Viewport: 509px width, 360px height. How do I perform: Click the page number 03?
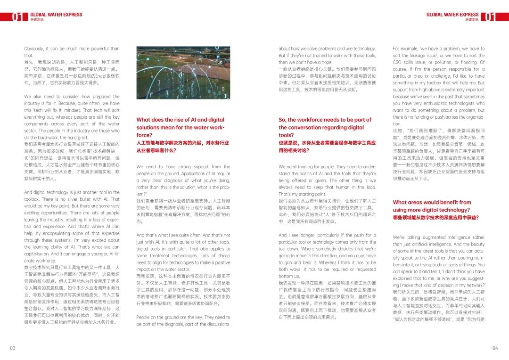point(13,348)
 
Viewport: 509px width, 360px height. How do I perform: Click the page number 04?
point(495,348)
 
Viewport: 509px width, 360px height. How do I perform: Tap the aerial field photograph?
point(183,73)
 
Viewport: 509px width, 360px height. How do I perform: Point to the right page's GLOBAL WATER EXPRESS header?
point(452,15)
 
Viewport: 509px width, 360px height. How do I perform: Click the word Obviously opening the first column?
point(34,49)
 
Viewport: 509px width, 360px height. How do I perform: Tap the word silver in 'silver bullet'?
point(70,199)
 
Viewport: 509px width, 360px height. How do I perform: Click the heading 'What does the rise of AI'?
point(181,120)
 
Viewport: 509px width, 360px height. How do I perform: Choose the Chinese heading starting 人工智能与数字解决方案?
point(182,143)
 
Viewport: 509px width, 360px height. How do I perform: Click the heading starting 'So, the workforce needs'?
point(325,120)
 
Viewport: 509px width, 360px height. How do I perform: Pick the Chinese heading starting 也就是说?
point(327,143)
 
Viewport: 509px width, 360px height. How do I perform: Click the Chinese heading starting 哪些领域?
point(435,217)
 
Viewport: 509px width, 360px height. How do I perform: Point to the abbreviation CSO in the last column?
point(398,62)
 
